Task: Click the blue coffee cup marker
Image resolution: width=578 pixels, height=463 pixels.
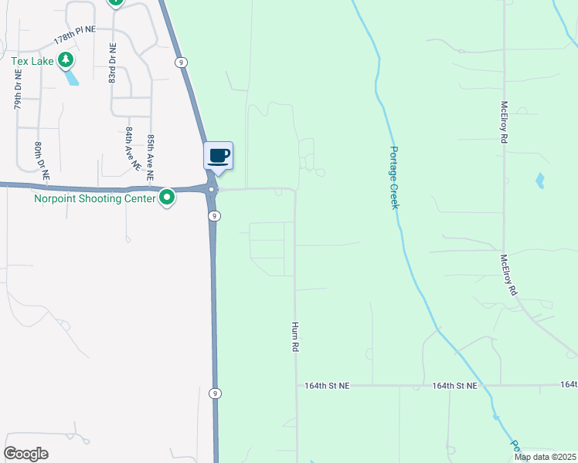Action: pyautogui.click(x=218, y=156)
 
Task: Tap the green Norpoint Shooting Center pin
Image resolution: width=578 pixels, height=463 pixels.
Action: pyautogui.click(x=166, y=199)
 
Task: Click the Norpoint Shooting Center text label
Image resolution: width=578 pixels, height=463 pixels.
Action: pyautogui.click(x=94, y=199)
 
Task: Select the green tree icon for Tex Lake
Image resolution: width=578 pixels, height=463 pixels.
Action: pyautogui.click(x=66, y=60)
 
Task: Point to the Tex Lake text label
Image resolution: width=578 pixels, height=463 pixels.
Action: pyautogui.click(x=32, y=61)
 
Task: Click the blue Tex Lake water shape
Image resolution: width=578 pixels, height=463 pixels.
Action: pyautogui.click(x=72, y=77)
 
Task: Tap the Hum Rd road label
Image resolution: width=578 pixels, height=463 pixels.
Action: pyautogui.click(x=294, y=337)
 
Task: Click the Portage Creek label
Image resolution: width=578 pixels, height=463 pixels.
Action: pyautogui.click(x=394, y=177)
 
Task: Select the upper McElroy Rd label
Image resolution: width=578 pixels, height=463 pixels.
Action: pyautogui.click(x=504, y=121)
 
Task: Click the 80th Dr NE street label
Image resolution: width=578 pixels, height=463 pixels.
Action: pyautogui.click(x=40, y=161)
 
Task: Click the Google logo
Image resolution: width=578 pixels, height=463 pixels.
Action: pyautogui.click(x=26, y=454)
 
